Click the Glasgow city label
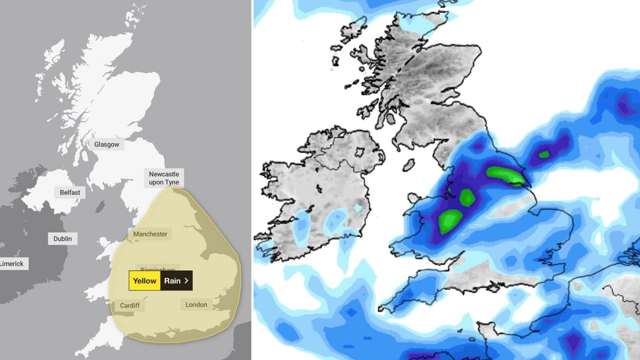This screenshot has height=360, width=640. coord(106,145)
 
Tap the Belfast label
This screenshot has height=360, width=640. coord(70,192)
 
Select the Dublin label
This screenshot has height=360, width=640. coord(63,239)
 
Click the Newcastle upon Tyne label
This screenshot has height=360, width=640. coord(163,178)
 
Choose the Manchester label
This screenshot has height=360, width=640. coord(150,234)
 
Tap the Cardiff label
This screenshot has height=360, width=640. coord(130,305)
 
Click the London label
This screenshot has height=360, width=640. coord(196,304)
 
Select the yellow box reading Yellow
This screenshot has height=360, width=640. coord(144,281)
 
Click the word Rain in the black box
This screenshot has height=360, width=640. coord(172,281)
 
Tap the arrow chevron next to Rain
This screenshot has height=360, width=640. coord(186,281)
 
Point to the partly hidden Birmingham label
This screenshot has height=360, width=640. coord(158,268)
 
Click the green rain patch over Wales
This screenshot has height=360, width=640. coord(450,221)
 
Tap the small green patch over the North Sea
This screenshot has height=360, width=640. coord(543,154)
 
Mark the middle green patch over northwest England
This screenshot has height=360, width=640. coord(467,197)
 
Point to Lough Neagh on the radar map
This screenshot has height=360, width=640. coord(360,152)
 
